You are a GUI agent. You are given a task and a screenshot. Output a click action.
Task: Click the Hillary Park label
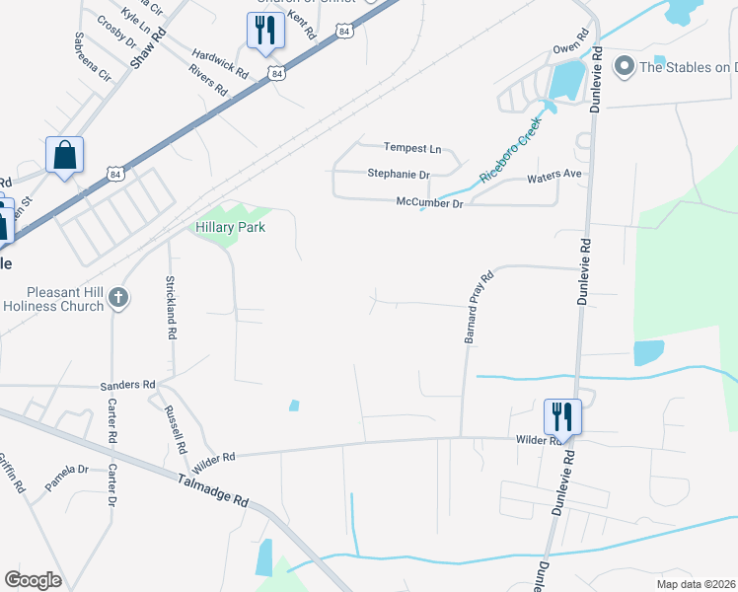tap(231, 227)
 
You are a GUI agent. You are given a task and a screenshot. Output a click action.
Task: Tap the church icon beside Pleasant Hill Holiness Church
tap(117, 297)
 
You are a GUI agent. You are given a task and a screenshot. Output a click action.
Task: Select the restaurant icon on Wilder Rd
tap(562, 415)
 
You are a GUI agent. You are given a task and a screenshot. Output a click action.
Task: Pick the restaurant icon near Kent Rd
tap(265, 31)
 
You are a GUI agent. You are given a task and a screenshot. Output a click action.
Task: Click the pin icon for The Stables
tap(624, 67)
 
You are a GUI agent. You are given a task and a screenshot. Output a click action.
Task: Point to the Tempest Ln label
tap(412, 149)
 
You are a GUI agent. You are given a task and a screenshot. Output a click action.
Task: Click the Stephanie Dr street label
tap(399, 175)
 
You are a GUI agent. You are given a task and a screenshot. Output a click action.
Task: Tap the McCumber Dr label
tap(429, 203)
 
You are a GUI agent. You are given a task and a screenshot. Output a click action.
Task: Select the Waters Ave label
tap(554, 176)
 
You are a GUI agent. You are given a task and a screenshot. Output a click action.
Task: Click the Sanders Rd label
tap(128, 385)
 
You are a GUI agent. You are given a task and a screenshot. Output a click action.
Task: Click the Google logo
tap(33, 580)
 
